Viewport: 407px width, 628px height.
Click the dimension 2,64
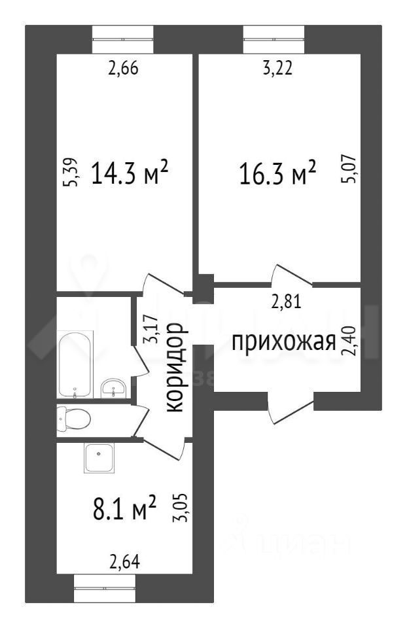pos(124,561)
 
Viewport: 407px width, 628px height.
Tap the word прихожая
pos(284,341)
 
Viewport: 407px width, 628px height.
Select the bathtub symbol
pos(75,364)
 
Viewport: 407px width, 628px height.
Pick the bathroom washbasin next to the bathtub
pos(115,388)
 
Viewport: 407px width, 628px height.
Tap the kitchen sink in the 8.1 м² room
pos(99,458)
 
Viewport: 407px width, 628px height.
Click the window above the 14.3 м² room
pos(122,39)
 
